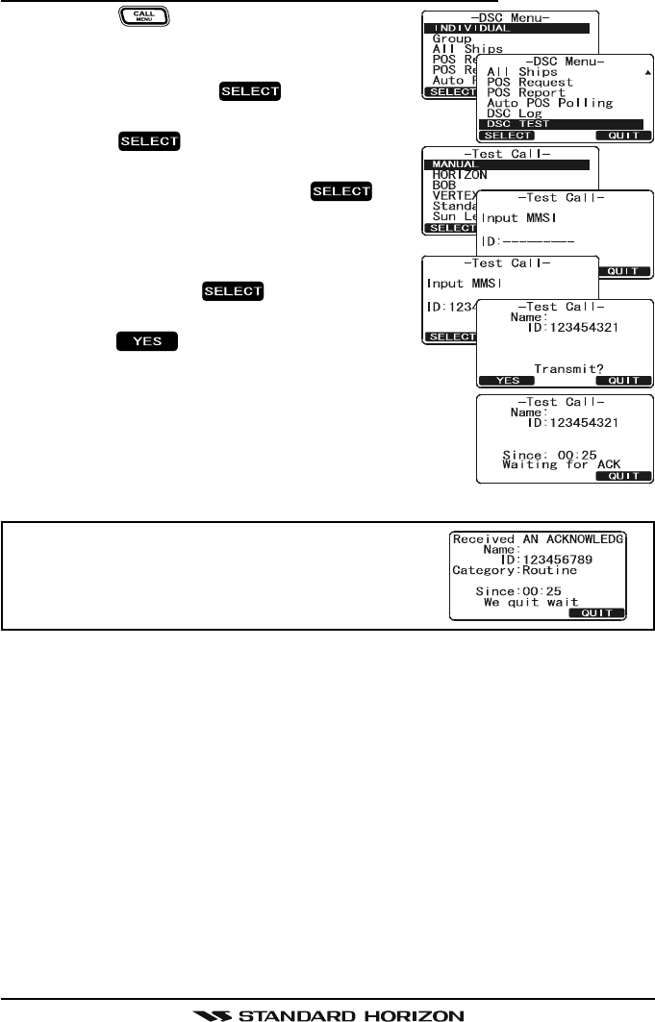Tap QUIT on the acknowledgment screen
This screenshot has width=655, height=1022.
[597, 612]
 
